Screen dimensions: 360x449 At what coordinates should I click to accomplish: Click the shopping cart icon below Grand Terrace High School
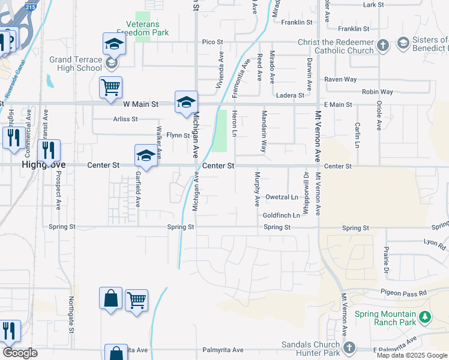[111, 87]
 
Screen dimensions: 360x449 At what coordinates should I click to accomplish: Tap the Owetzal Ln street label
[282, 197]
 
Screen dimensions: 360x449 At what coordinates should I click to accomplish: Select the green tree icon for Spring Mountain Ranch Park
[425, 316]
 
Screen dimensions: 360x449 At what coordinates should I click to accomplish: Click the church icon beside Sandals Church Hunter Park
[349, 347]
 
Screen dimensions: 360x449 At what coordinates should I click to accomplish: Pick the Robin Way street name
[377, 92]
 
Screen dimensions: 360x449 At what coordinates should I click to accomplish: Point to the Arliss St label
[125, 119]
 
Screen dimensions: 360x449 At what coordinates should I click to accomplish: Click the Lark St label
[373, 5]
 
